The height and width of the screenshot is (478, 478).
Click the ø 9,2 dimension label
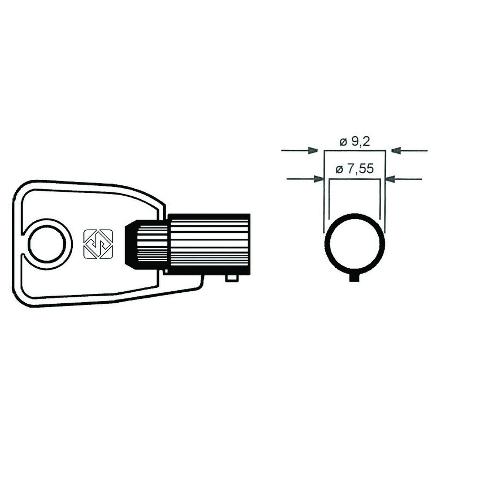click(354, 142)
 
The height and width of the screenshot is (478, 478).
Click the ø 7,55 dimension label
click(354, 170)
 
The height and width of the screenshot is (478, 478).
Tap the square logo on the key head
click(98, 245)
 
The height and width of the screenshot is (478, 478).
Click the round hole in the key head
click(47, 244)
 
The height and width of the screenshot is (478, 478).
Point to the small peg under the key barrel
click(232, 278)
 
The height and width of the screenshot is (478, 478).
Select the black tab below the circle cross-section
click(354, 278)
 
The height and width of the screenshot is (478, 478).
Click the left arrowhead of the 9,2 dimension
click(313, 150)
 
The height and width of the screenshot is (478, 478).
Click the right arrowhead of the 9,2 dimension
click(396, 150)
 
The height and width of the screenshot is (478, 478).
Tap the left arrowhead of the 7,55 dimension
click(319, 179)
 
